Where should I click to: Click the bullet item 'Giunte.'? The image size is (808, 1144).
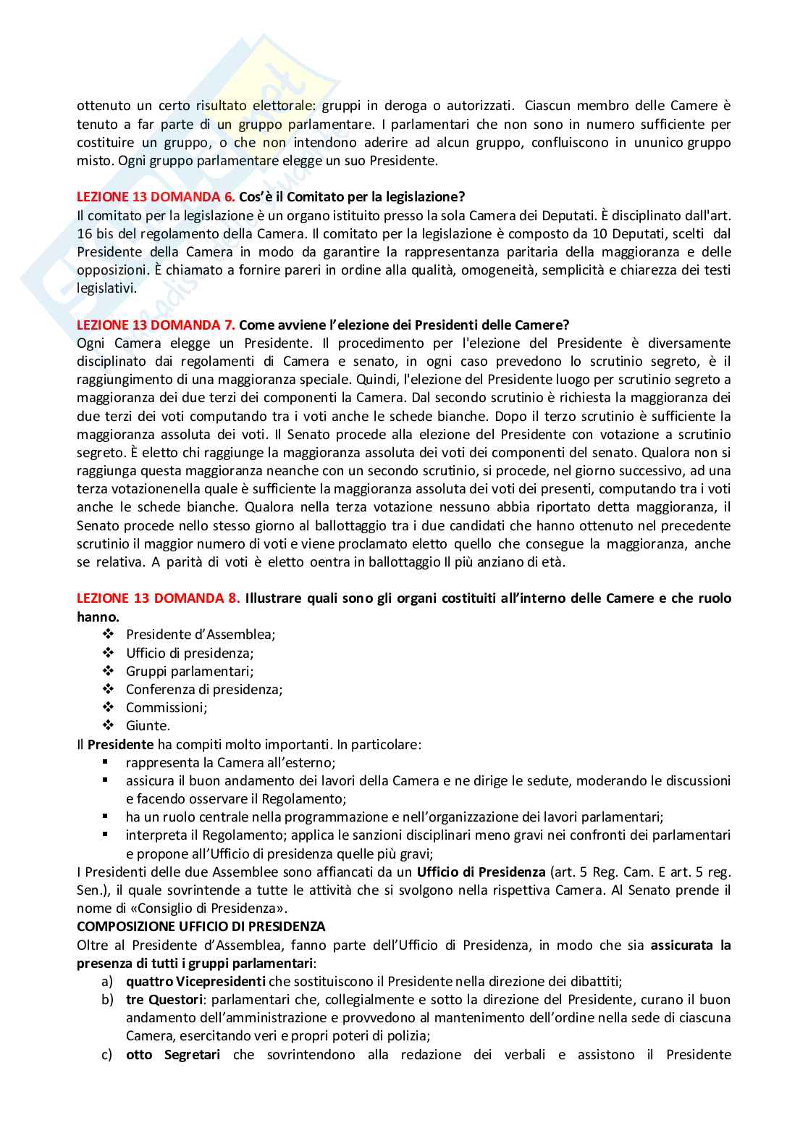(x=148, y=725)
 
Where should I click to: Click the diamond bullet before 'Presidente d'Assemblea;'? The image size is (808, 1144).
(x=109, y=635)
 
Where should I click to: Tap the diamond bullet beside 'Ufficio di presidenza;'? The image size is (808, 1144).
(x=109, y=653)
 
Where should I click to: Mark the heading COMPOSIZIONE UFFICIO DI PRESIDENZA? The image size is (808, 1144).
(x=201, y=927)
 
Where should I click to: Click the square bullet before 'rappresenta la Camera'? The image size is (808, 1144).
(x=106, y=762)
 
